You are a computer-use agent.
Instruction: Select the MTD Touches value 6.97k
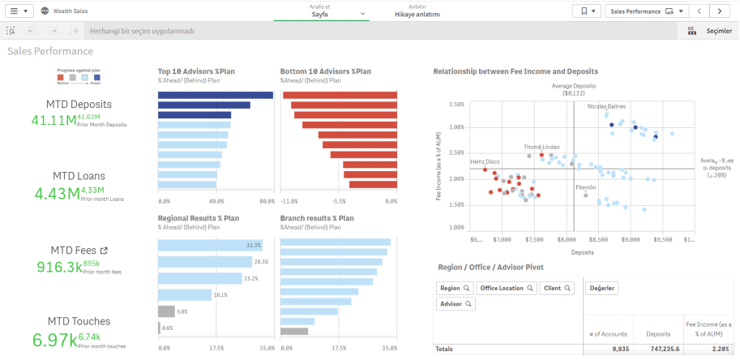pyautogui.click(x=55, y=339)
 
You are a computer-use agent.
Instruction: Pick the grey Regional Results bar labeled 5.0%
pyautogui.click(x=166, y=311)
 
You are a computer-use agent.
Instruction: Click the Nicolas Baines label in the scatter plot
pyautogui.click(x=607, y=106)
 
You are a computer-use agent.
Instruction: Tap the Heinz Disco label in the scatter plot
pyautogui.click(x=485, y=161)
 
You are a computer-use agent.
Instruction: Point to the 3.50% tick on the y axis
pyautogui.click(x=456, y=105)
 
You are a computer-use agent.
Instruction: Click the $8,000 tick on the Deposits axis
pyautogui.click(x=566, y=240)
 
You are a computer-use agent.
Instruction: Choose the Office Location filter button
pyautogui.click(x=506, y=288)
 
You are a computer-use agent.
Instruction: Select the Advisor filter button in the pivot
pyautogui.click(x=456, y=304)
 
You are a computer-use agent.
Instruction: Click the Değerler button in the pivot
pyautogui.click(x=602, y=288)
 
